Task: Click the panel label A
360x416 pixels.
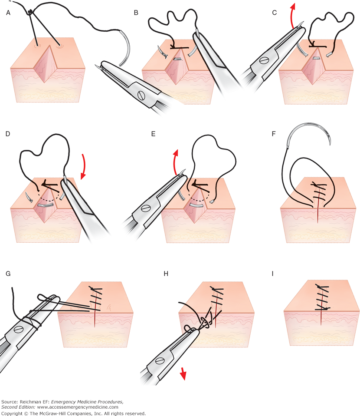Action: (x=8, y=13)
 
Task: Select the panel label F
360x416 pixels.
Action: (x=273, y=135)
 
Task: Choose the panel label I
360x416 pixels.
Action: (x=274, y=274)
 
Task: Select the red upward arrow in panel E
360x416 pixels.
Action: (x=176, y=162)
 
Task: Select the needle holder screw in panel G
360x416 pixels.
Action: (x=19, y=330)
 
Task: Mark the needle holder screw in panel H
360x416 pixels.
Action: (x=160, y=360)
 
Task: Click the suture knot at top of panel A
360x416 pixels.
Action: (x=30, y=13)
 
